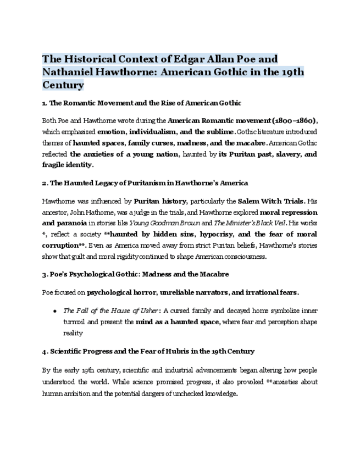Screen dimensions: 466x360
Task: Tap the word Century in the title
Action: point(63,85)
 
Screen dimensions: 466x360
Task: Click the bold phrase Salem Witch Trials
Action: point(266,201)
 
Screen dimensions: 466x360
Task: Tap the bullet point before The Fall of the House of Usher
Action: point(55,310)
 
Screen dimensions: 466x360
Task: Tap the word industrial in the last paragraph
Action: point(174,370)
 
